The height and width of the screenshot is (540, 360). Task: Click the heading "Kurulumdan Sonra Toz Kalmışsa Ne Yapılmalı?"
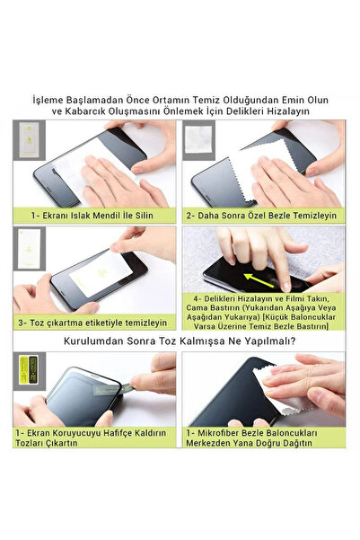coord(180,341)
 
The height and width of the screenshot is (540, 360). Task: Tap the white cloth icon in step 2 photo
coord(197,137)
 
